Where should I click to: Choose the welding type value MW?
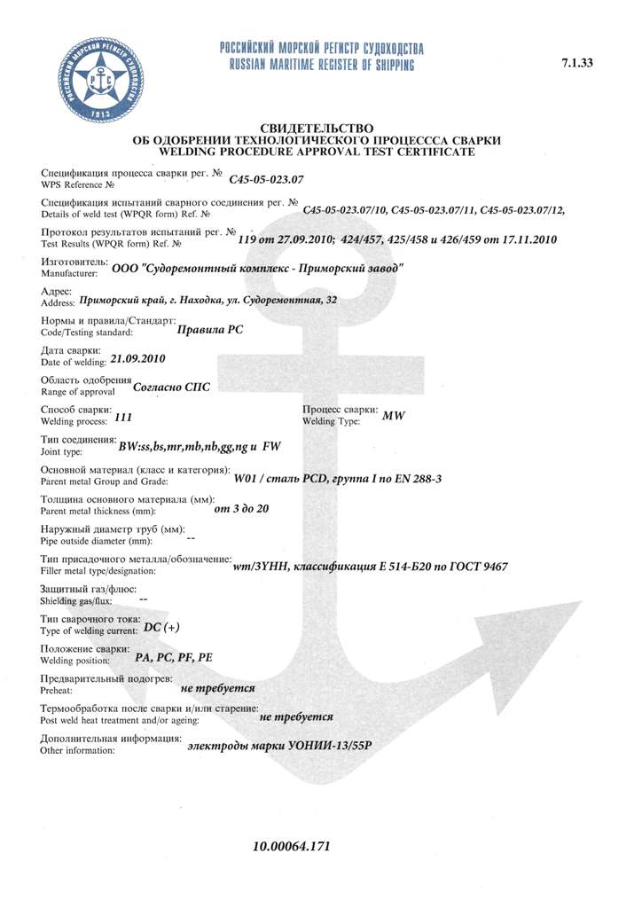(x=393, y=417)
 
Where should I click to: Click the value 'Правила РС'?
(x=211, y=329)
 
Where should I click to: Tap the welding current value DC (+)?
(x=161, y=628)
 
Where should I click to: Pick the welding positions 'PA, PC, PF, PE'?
(x=174, y=658)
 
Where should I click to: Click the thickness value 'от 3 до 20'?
(x=242, y=508)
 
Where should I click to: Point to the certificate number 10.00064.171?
(x=292, y=847)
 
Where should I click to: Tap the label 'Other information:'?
(x=79, y=750)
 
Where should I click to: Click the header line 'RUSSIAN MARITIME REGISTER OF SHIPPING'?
(x=321, y=66)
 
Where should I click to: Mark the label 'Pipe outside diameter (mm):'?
(x=97, y=540)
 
